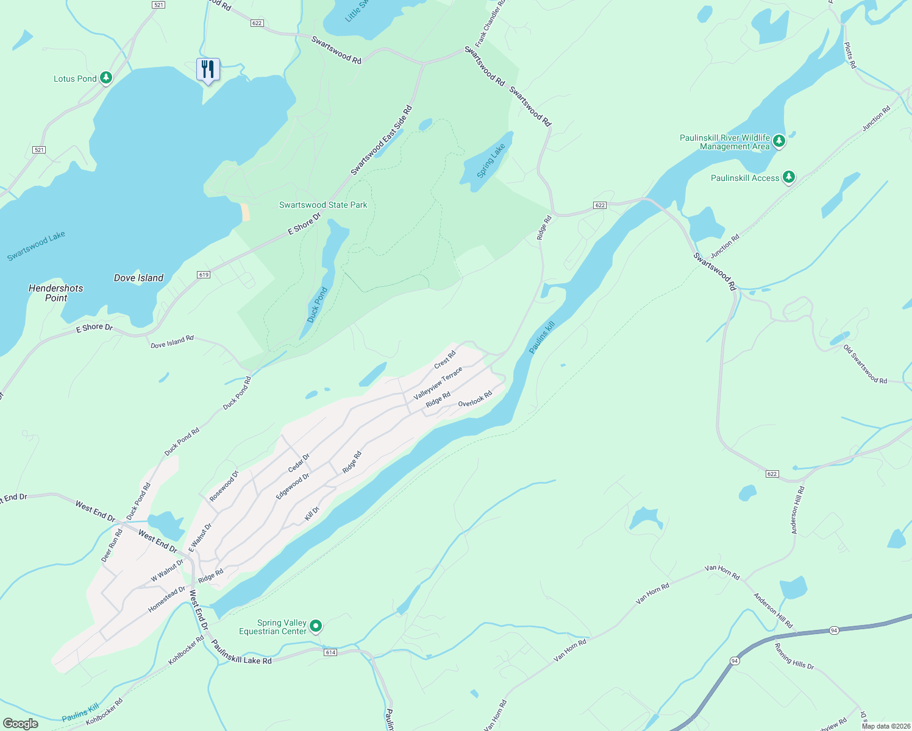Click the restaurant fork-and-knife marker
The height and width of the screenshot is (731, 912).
(208, 69)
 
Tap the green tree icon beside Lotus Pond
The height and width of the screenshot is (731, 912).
(106, 78)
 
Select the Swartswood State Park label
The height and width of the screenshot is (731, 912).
(323, 205)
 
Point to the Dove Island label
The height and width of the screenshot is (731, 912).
(138, 278)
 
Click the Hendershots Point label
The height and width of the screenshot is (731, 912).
(56, 293)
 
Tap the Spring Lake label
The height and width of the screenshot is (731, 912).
(491, 160)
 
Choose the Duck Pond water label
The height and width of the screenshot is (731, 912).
(317, 305)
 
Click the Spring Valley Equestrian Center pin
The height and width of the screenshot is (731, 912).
(316, 626)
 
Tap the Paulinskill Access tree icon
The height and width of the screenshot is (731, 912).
(789, 177)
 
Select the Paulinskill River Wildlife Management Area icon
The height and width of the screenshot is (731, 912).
(778, 142)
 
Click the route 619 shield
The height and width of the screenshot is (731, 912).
(204, 275)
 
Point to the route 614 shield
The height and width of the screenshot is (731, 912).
(330, 652)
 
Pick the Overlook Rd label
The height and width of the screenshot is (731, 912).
(475, 400)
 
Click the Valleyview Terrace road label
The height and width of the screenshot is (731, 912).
(438, 383)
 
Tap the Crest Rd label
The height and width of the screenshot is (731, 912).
(445, 360)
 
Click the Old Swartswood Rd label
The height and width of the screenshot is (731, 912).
(865, 364)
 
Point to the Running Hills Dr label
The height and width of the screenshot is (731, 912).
(794, 656)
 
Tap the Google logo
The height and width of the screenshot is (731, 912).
(21, 724)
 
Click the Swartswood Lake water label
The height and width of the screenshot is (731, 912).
(36, 246)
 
